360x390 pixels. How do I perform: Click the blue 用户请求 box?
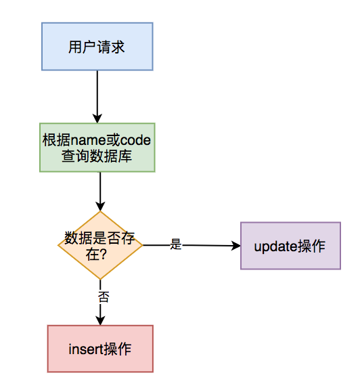pos(97,47)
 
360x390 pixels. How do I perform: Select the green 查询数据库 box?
pos(97,148)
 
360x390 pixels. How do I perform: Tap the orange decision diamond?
pos(100,245)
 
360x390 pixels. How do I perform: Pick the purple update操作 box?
pos(290,246)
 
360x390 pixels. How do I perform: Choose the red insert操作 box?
pos(100,349)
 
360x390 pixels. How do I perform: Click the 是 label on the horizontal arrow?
pos(176,244)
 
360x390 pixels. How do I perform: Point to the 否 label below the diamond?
pos(104,297)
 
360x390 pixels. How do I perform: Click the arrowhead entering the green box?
pos(97,118)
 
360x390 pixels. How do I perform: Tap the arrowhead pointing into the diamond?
pos(100,207)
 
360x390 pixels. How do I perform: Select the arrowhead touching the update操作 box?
pos(236,246)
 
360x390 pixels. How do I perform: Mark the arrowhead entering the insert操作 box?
pos(100,321)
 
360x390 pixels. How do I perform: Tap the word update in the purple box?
pos(275,246)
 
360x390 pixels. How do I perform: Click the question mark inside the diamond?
pos(103,254)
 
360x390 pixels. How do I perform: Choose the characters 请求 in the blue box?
pos(110,47)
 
